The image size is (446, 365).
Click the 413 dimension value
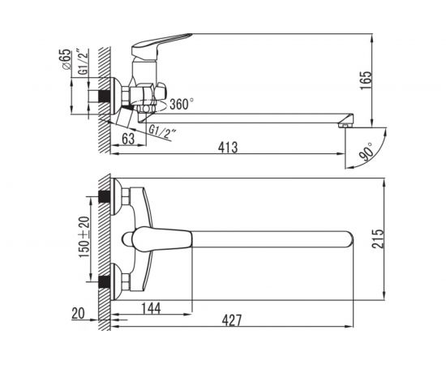[228, 148]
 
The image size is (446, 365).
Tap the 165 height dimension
[366, 80]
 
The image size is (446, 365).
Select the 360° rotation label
[182, 104]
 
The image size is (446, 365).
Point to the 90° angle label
[367, 152]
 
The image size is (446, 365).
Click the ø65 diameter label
[65, 59]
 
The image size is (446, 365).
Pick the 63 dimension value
[128, 139]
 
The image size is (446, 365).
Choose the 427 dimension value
[232, 320]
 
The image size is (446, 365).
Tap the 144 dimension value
[151, 308]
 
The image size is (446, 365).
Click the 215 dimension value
[379, 238]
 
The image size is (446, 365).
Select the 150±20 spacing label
[84, 237]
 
